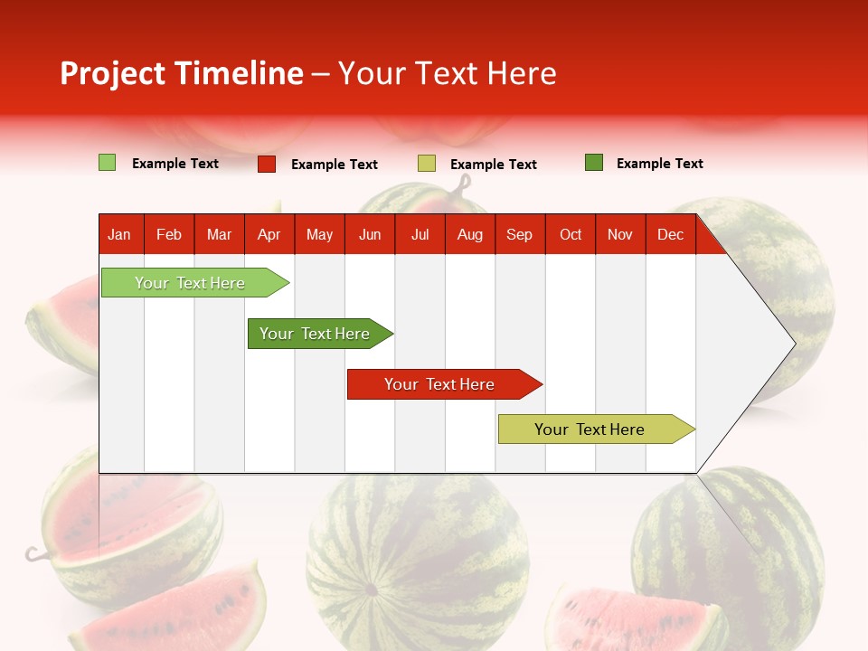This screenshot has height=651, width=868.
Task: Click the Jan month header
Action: click(119, 235)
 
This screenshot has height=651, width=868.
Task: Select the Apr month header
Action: click(269, 235)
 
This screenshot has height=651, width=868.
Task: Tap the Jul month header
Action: click(420, 235)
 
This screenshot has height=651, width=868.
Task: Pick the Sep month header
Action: click(519, 235)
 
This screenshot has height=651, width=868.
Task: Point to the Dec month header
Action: click(670, 235)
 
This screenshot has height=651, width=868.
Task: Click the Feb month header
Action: click(169, 235)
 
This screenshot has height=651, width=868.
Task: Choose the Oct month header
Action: click(571, 235)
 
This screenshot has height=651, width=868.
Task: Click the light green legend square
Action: click(107, 163)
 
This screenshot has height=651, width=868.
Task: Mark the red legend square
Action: click(267, 164)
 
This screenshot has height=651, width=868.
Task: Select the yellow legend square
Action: click(427, 164)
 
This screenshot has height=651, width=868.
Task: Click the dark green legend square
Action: click(594, 163)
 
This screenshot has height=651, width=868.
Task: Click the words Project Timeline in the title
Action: click(182, 73)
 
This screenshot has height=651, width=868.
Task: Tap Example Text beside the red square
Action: click(335, 165)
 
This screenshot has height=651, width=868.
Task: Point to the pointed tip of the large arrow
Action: click(793, 343)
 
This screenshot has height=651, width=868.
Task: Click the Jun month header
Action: click(370, 235)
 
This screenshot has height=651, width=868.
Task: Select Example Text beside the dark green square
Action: click(660, 164)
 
